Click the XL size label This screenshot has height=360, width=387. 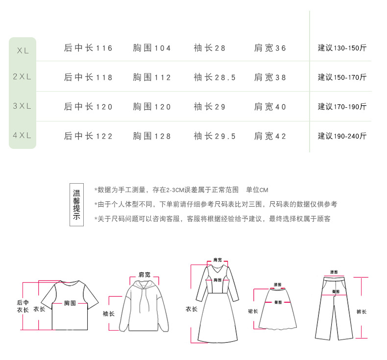point(23,49)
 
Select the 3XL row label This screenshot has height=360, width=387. point(23,106)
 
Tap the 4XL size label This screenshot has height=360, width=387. point(23,135)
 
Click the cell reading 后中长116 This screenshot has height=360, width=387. point(88,48)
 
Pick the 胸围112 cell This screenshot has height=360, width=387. point(152,77)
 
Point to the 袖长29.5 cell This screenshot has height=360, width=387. point(215,136)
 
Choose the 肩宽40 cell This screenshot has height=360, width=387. point(270,107)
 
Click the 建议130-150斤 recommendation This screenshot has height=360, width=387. point(342,48)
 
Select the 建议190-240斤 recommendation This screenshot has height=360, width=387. point(342,136)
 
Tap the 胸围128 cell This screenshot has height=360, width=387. point(152,136)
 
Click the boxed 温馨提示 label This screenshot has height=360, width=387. point(76,205)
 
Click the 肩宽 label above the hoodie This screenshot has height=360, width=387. point(145,274)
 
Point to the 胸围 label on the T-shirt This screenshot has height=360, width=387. point(70,303)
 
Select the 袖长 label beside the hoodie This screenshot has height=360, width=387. point(108,314)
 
